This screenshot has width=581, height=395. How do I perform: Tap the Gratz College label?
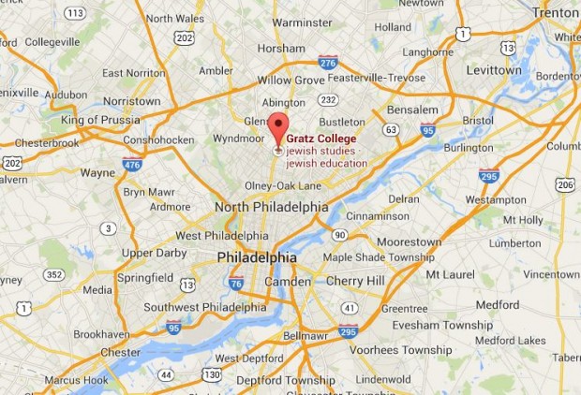pos(320,139)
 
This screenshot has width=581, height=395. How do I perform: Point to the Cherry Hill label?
pos(355,281)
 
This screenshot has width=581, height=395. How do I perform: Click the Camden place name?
pos(288,281)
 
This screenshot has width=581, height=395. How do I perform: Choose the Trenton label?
pos(557,12)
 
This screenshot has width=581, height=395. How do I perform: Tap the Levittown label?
pos(493,70)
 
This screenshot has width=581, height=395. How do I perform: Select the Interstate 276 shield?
pos(327,63)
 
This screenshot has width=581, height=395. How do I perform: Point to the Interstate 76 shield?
pos(236,282)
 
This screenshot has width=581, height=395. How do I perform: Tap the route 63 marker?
pos(391,130)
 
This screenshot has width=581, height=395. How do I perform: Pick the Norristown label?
pos(132,100)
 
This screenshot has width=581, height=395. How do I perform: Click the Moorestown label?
pos(408,241)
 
